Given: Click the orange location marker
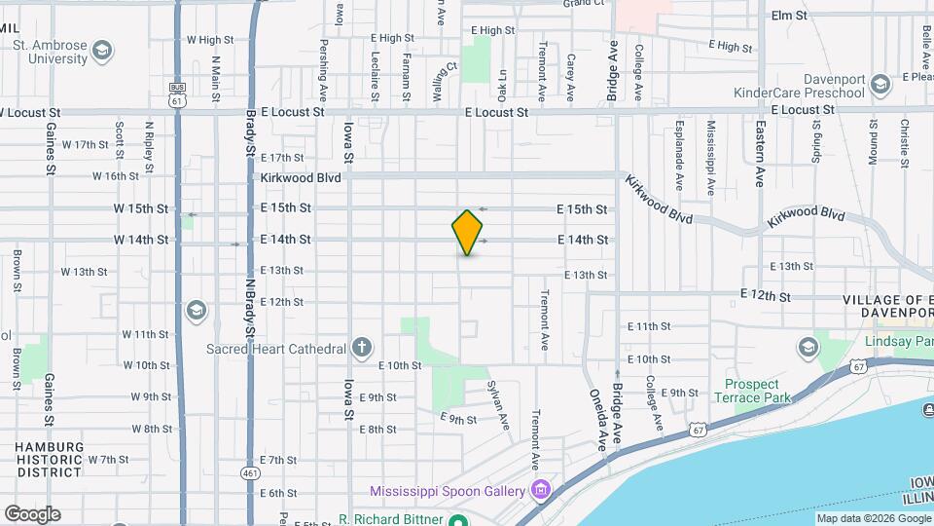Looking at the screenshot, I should pos(468,232).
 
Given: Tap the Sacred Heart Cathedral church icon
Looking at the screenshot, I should pos(361,348).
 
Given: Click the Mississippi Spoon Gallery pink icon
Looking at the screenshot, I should pos(540,490).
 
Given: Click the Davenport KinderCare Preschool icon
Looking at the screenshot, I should pos(880,85).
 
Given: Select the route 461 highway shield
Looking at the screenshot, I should pos(250,473).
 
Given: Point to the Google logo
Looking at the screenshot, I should pos(32,513).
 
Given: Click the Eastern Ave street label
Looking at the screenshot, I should pos(758,165).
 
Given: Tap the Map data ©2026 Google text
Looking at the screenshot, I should pos(873,518).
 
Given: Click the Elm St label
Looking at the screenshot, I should pos(789,16).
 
